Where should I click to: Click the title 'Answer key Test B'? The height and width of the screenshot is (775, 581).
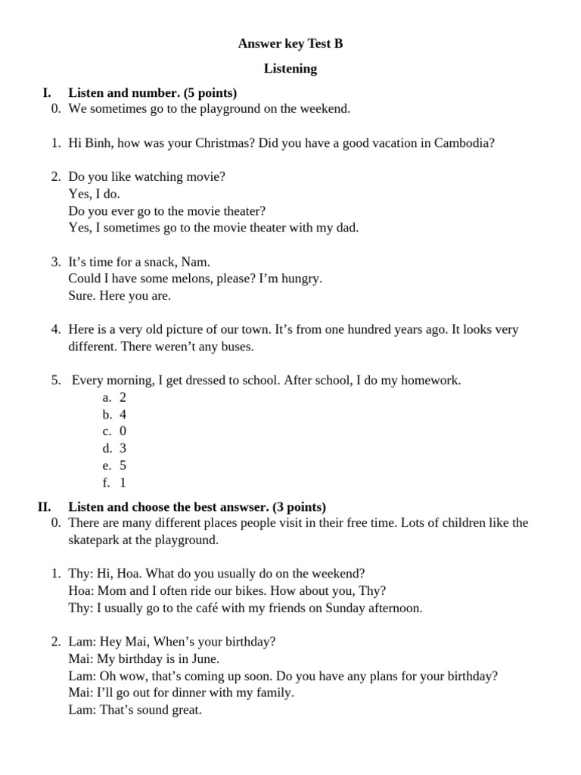(x=290, y=44)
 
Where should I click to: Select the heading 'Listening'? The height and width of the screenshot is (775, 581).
(x=290, y=69)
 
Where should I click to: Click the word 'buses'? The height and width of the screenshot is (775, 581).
(x=235, y=347)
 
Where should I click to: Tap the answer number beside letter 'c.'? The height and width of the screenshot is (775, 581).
(x=123, y=431)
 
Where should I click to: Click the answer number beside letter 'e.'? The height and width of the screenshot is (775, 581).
(x=123, y=465)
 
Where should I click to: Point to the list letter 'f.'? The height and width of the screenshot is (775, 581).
(x=106, y=482)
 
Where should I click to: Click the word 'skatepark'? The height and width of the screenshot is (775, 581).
(x=94, y=540)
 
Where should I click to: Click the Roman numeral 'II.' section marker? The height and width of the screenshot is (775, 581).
(x=45, y=507)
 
